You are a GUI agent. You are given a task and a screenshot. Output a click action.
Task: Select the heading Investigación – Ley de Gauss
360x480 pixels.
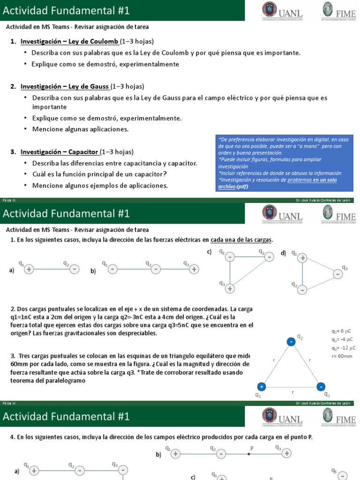click(65, 86)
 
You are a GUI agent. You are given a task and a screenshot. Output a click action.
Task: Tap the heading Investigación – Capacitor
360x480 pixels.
click(60, 152)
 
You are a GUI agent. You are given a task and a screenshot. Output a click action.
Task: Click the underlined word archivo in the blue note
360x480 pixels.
click(227, 187)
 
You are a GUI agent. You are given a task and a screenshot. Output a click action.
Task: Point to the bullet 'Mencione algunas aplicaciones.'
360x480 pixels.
click(80, 129)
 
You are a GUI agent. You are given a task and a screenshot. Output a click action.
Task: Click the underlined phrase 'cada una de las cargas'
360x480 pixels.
click(241, 240)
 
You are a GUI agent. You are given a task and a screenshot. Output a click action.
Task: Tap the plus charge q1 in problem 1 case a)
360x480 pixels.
click(29, 270)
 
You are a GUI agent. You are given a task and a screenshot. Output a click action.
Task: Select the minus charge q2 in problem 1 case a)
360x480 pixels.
click(74, 269)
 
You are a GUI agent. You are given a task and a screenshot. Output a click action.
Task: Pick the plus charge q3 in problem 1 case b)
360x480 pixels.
click(195, 269)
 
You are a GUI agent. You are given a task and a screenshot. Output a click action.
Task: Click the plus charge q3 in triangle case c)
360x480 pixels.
click(230, 289)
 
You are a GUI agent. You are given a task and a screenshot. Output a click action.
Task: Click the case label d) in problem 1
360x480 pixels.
click(283, 253)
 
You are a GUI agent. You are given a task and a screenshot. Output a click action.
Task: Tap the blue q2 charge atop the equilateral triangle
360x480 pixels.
click(292, 343)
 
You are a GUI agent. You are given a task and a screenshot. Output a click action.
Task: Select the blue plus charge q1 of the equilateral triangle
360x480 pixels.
click(262, 387)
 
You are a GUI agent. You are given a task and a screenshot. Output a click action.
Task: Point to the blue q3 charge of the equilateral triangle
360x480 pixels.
click(321, 387)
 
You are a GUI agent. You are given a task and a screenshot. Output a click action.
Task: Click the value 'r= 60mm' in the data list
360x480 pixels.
click(342, 356)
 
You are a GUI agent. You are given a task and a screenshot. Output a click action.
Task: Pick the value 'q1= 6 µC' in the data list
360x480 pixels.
click(342, 331)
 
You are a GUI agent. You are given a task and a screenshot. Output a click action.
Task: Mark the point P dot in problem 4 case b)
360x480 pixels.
click(249, 454)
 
